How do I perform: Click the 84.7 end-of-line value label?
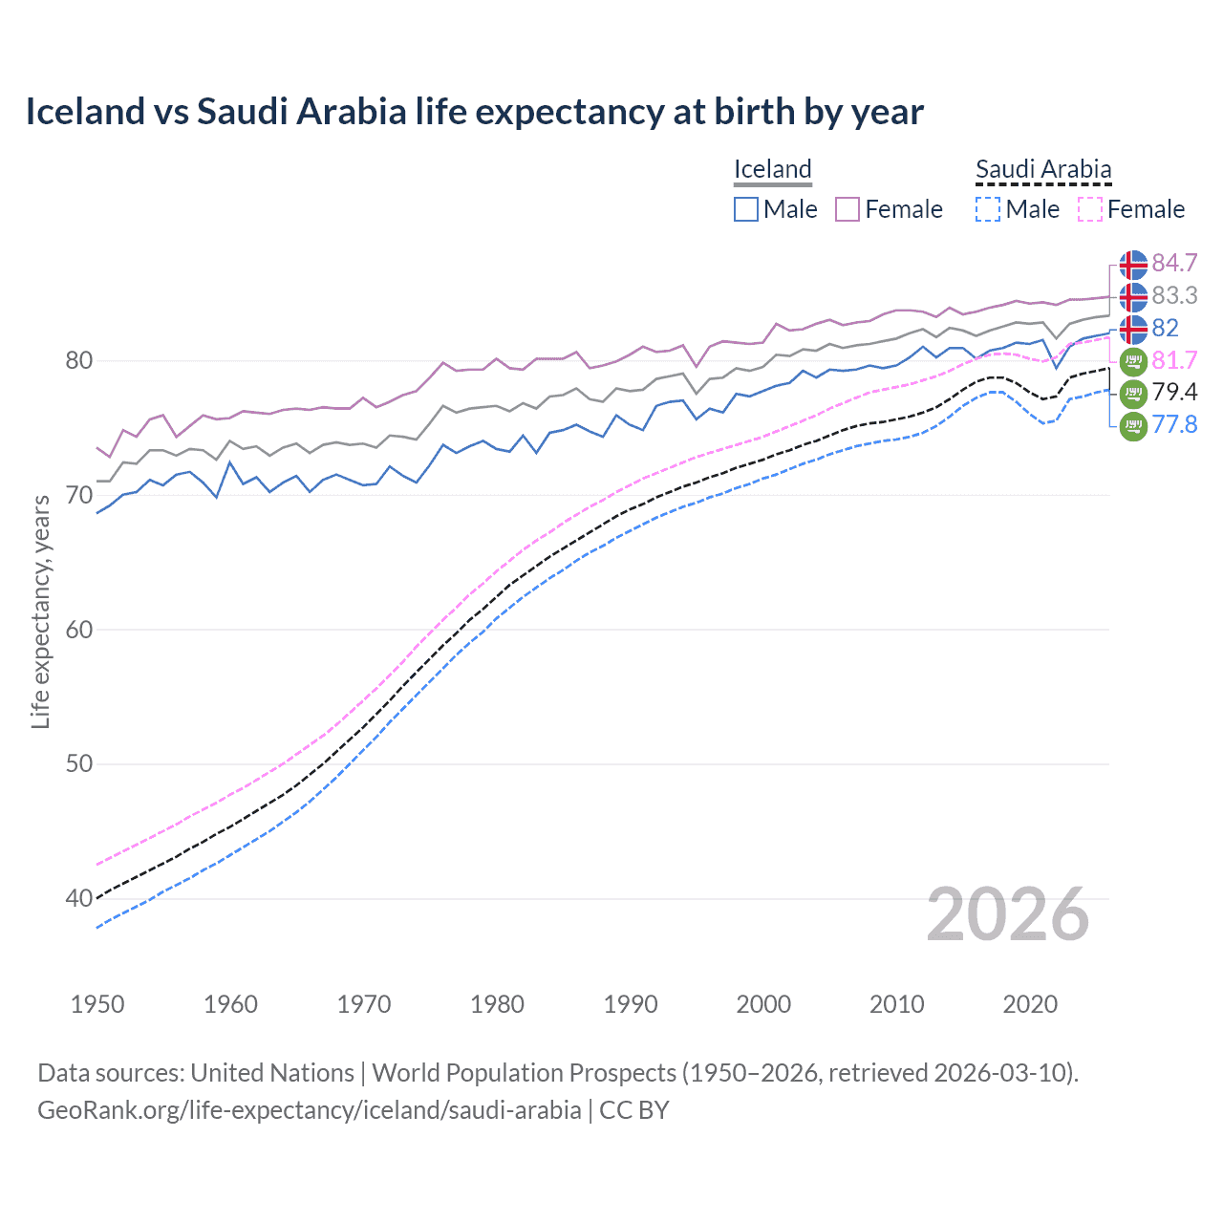(1174, 263)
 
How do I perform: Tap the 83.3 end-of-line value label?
(1174, 295)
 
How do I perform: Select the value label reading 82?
(1166, 328)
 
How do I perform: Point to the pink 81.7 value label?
(1174, 360)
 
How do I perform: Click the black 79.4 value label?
(1174, 392)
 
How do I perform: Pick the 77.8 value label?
(1174, 424)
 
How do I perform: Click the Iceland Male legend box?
(746, 209)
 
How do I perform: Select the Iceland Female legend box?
(848, 209)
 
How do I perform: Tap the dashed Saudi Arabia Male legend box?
(988, 209)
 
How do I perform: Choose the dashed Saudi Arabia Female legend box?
(1090, 209)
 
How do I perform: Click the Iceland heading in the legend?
(772, 169)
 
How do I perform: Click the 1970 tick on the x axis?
(364, 1004)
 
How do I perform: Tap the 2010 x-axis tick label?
(896, 1004)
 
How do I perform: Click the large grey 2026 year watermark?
(1008, 914)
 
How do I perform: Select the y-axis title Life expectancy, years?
(41, 611)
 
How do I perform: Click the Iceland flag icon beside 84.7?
(1133, 264)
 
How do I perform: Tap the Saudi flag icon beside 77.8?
(1133, 425)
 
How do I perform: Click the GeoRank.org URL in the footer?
(310, 1110)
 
